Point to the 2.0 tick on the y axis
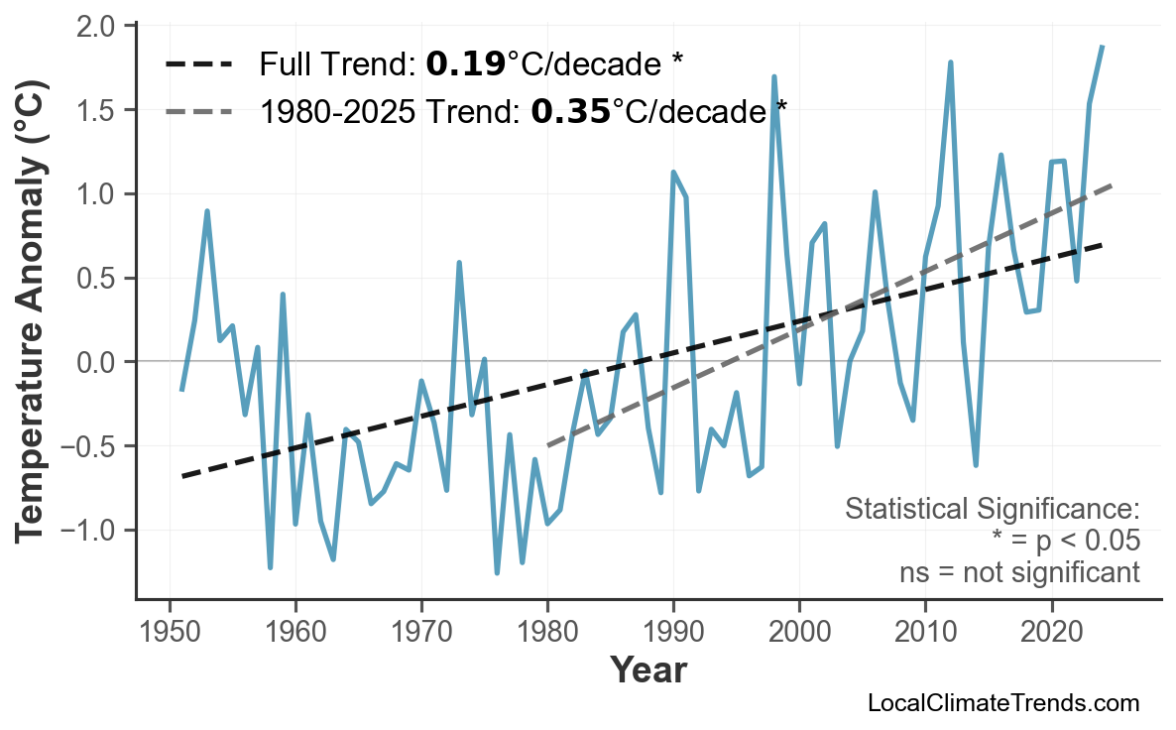point(102,26)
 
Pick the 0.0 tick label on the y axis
point(102,362)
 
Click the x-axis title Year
point(648,670)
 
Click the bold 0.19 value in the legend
point(465,65)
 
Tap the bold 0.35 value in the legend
point(570,111)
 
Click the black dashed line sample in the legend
point(198,65)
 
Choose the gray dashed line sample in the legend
point(198,111)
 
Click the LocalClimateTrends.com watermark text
point(1002,703)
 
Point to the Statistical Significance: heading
point(992,510)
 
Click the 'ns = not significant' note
point(1018,573)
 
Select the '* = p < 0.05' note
point(1065,542)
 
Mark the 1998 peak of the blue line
point(774,76)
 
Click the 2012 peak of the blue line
point(951,62)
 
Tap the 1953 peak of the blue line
point(207,211)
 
